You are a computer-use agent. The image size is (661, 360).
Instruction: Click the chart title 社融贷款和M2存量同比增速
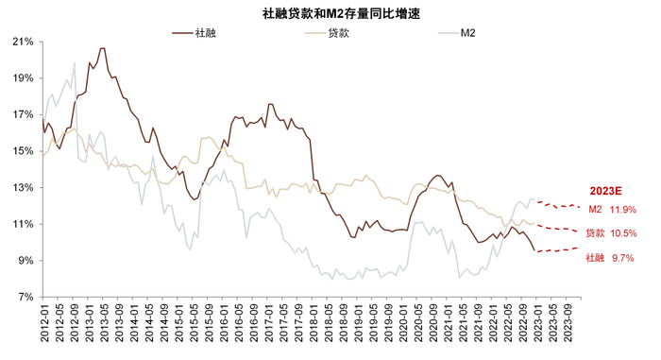[330, 12]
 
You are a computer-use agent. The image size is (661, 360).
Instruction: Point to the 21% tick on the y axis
[23, 42]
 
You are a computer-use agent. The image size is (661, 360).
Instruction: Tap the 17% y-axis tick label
[23, 114]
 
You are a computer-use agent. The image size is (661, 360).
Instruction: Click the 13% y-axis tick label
[23, 187]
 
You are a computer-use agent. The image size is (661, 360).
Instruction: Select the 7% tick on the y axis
[25, 297]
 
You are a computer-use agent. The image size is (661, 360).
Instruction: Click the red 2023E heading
[606, 190]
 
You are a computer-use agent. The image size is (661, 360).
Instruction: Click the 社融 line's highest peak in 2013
[102, 48]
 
